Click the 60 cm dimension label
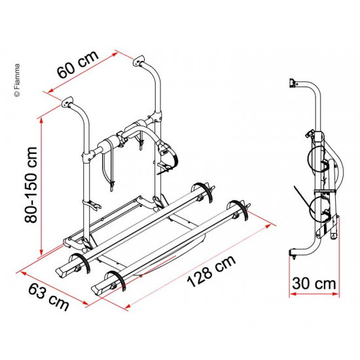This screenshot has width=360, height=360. tap(78, 65)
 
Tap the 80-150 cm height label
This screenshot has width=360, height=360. tap(31, 185)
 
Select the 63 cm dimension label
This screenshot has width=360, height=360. tap(48, 297)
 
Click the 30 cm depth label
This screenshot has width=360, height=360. tap(314, 283)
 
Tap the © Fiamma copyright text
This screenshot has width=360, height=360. tap(17, 80)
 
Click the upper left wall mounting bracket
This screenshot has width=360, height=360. tap(67, 102)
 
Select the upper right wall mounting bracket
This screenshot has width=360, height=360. tap(139, 60)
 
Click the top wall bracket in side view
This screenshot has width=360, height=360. tap(292, 83)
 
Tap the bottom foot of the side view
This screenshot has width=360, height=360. tap(293, 254)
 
